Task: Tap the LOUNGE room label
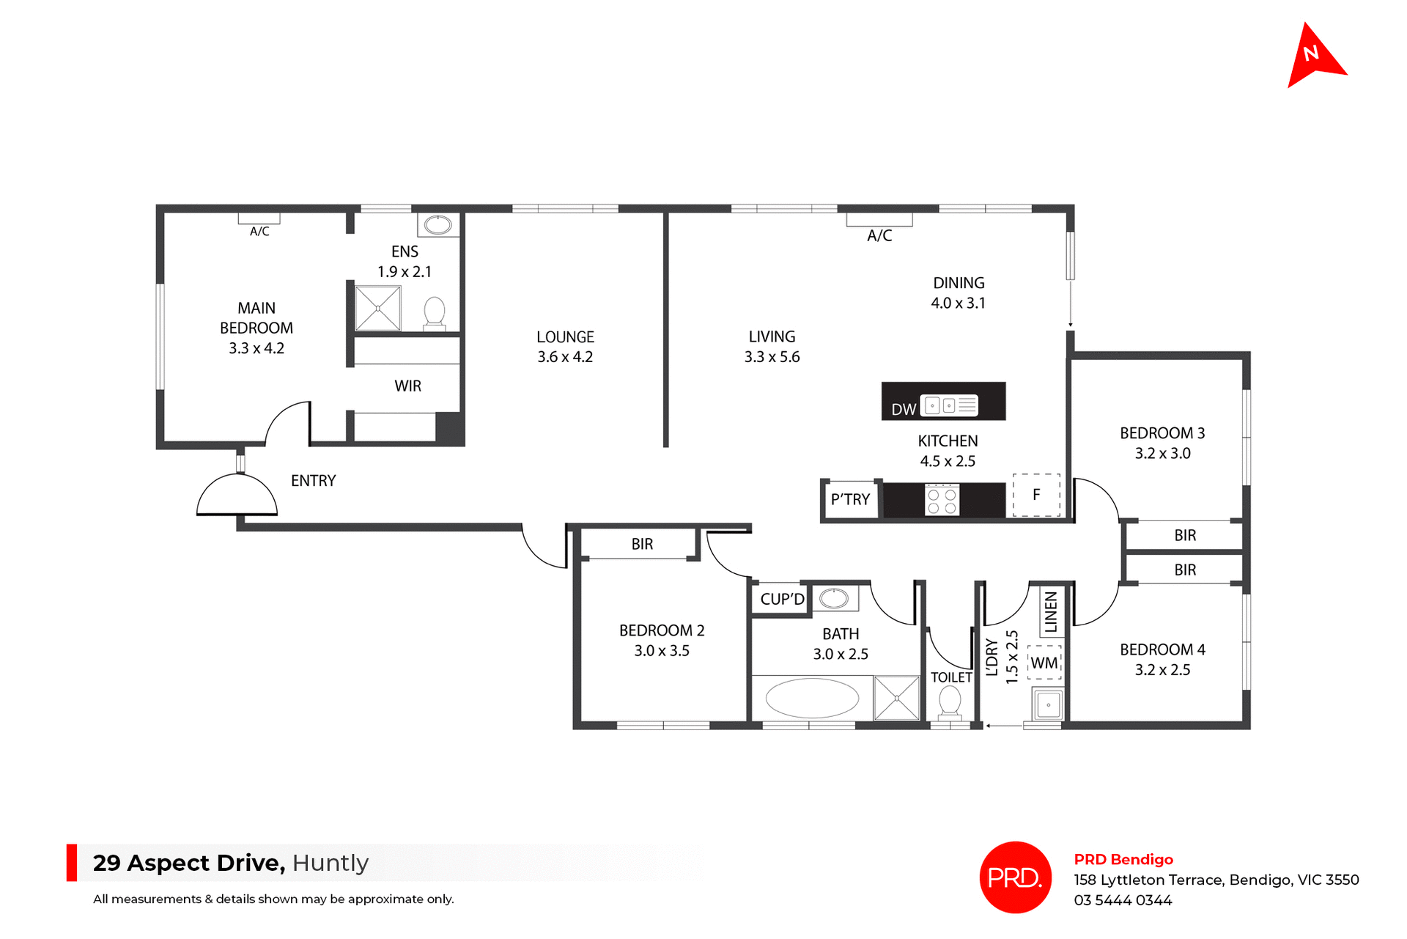tap(565, 337)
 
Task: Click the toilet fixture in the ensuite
tap(435, 313)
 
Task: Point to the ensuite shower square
tap(378, 309)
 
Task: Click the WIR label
tap(407, 386)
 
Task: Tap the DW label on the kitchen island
tap(904, 409)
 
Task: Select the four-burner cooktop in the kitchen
tap(942, 500)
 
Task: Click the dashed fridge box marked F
tap(1036, 496)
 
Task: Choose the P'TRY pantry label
tap(850, 500)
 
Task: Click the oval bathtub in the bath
tap(812, 698)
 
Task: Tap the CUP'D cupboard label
tap(782, 599)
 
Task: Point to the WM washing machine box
tap(1044, 663)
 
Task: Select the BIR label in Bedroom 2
tap(642, 544)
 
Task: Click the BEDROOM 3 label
tap(1162, 433)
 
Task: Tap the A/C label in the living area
tap(879, 235)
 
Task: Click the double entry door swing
tap(237, 496)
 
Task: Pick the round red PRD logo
tap(1015, 877)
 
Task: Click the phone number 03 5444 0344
tap(1123, 900)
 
